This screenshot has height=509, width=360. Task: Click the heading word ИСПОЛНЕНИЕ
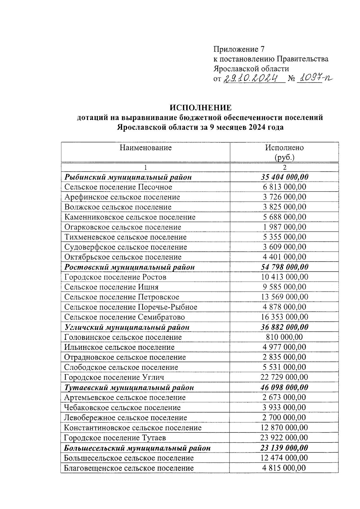click(x=200, y=108)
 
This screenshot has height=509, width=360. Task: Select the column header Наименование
click(x=145, y=148)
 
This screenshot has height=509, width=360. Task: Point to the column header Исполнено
click(x=284, y=148)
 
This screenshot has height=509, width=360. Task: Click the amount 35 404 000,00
click(x=284, y=177)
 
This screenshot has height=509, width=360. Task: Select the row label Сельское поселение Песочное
click(x=118, y=187)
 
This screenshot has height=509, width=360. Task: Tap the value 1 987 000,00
click(x=284, y=227)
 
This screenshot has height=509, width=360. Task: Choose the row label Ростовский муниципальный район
click(x=130, y=267)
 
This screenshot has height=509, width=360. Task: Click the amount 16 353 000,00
click(x=284, y=317)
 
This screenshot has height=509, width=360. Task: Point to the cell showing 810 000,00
click(x=284, y=337)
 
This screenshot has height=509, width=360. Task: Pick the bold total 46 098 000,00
click(x=284, y=387)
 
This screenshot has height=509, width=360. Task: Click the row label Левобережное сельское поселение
click(x=125, y=418)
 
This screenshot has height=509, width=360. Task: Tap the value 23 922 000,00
click(x=284, y=438)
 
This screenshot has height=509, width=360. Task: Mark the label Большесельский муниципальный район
click(x=137, y=448)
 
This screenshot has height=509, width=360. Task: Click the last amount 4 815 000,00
click(x=284, y=468)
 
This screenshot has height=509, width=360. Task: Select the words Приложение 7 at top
click(x=239, y=49)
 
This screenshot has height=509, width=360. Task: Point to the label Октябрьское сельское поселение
click(x=123, y=257)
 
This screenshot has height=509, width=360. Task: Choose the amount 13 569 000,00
click(x=284, y=297)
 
